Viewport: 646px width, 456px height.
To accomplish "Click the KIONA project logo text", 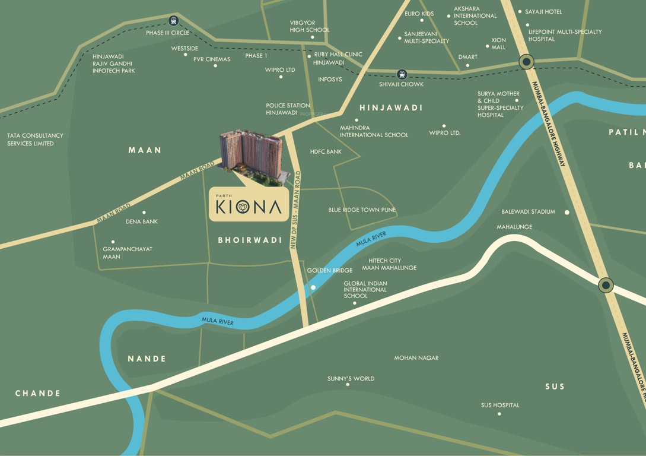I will pyautogui.click(x=249, y=207).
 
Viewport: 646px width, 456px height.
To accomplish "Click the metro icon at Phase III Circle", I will pyautogui.click(x=173, y=20).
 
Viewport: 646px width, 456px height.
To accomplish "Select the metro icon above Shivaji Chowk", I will pyautogui.click(x=402, y=74).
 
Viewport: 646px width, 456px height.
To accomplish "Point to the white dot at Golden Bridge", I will pyautogui.click(x=313, y=288).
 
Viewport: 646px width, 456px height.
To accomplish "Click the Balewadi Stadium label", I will pyautogui.click(x=528, y=212).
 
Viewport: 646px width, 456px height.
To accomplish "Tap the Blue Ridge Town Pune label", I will pyautogui.click(x=362, y=210).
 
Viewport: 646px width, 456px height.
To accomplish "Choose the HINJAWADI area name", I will pyautogui.click(x=391, y=107).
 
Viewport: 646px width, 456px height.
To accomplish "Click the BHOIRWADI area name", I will pyautogui.click(x=250, y=240).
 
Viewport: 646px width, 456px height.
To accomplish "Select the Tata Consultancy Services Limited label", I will pyautogui.click(x=35, y=140).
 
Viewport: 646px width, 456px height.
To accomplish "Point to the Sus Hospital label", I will pyautogui.click(x=499, y=406).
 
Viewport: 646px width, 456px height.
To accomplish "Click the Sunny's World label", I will pyautogui.click(x=351, y=379).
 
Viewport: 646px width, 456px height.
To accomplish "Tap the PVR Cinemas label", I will pyautogui.click(x=212, y=59).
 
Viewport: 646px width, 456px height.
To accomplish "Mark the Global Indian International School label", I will pyautogui.click(x=365, y=290).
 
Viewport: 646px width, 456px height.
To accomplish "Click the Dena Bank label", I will pyautogui.click(x=142, y=221).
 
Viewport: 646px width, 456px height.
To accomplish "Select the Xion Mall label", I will pyautogui.click(x=498, y=43).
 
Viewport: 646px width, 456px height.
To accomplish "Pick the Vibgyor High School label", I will pyautogui.click(x=309, y=26).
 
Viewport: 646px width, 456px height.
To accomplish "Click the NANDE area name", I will pyautogui.click(x=147, y=359).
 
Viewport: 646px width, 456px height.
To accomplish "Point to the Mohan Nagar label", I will pyautogui.click(x=416, y=358).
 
